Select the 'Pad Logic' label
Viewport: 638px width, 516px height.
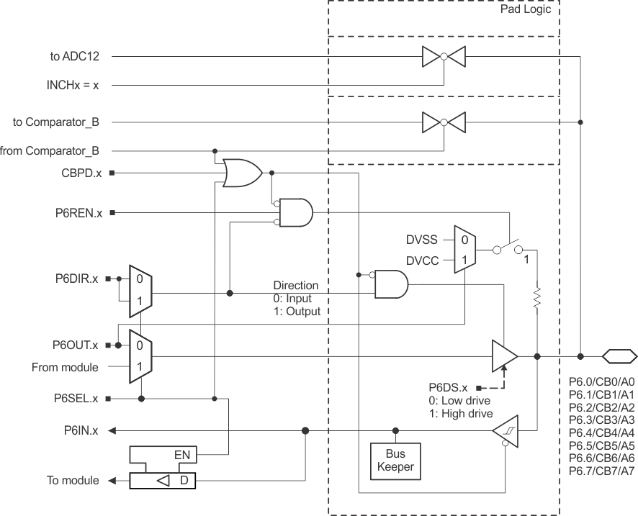click(x=529, y=12)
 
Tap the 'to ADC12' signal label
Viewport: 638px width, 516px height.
click(x=75, y=55)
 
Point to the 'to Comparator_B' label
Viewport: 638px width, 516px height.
click(x=56, y=122)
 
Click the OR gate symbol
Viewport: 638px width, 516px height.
click(x=242, y=173)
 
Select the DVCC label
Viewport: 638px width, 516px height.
click(x=423, y=260)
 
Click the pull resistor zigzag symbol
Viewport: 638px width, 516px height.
click(x=537, y=299)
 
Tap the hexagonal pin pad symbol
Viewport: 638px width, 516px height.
click(x=619, y=356)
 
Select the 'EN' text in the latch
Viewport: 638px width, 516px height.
click(x=183, y=455)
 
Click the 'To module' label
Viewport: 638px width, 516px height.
click(x=73, y=481)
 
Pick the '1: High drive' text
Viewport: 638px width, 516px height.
click(x=460, y=414)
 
